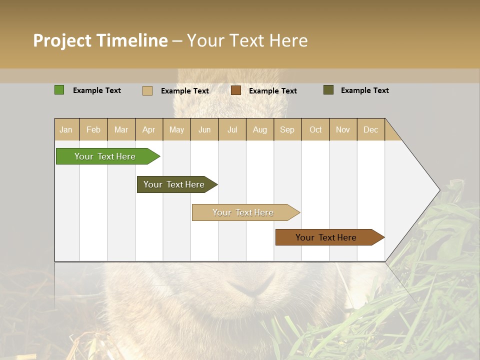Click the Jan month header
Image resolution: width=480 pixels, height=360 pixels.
(66, 129)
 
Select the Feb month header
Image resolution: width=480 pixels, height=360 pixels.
(93, 129)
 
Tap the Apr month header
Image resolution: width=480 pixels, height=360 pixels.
(149, 129)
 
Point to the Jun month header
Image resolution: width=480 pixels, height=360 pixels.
(204, 129)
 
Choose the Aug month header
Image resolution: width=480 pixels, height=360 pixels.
(260, 129)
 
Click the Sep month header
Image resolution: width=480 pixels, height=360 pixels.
(287, 129)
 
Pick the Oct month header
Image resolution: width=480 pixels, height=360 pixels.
(315, 129)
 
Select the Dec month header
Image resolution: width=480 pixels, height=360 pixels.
(371, 129)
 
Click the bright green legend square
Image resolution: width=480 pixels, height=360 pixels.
(59, 90)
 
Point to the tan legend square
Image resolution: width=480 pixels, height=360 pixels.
(147, 90)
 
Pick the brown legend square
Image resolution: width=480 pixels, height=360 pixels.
(236, 90)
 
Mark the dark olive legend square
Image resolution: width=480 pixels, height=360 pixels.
(328, 90)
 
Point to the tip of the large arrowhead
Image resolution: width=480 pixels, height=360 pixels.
(439, 190)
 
